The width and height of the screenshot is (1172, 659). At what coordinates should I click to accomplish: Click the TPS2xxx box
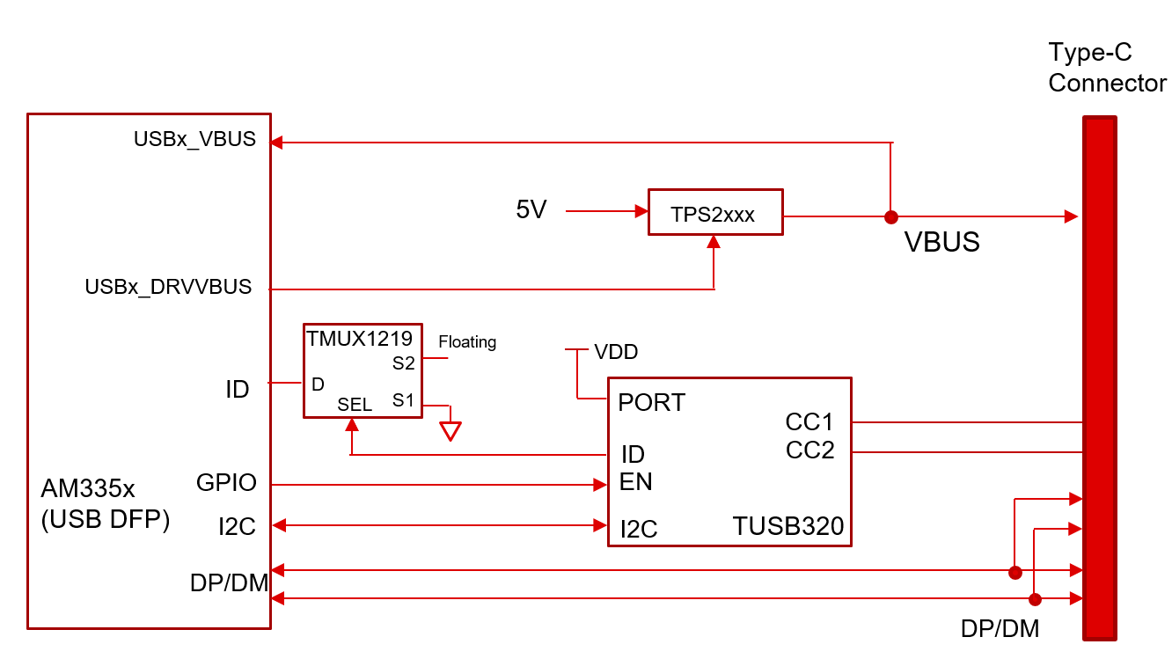(x=714, y=213)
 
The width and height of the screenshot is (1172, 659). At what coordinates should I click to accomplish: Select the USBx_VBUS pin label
(x=194, y=139)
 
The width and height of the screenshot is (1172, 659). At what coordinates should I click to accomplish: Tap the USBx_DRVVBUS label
(x=168, y=287)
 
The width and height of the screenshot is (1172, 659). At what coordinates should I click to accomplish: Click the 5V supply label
(x=531, y=210)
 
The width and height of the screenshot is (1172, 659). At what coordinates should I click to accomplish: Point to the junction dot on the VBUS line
(x=890, y=216)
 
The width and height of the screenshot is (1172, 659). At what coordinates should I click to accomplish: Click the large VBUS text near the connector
(x=941, y=243)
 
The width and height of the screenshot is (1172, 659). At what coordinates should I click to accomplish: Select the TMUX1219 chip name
(x=358, y=338)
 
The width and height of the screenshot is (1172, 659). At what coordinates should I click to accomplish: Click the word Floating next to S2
(x=467, y=342)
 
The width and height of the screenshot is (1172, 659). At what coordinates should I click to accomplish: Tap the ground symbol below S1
(x=450, y=431)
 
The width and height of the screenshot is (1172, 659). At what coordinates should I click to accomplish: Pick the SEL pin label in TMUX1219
(x=355, y=405)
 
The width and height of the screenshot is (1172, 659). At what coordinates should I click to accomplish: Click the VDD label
(x=616, y=353)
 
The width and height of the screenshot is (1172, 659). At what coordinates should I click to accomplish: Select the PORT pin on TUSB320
(x=651, y=403)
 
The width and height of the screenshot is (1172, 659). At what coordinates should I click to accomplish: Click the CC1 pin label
(x=809, y=422)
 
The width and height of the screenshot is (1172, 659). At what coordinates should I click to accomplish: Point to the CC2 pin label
(x=809, y=450)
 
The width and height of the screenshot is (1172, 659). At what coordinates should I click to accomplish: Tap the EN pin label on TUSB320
(x=635, y=482)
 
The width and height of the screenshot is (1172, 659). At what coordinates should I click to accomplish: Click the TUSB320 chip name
(x=787, y=526)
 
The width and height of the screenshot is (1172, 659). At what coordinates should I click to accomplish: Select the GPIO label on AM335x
(x=226, y=482)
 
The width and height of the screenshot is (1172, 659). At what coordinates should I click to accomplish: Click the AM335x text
(x=88, y=489)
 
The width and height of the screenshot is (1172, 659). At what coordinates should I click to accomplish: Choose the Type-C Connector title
(x=1106, y=69)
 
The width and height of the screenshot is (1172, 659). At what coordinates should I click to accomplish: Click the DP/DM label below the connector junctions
(x=1000, y=629)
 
